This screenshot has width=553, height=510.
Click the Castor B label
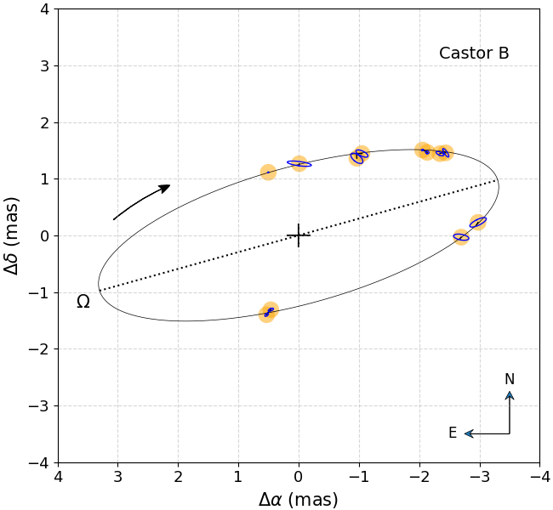pyautogui.click(x=474, y=54)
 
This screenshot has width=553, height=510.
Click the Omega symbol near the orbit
pyautogui.click(x=83, y=302)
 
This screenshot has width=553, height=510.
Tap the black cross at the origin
pyautogui.click(x=299, y=235)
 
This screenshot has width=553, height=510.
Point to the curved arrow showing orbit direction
pyautogui.click(x=141, y=201)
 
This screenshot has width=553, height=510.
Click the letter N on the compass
pyautogui.click(x=509, y=379)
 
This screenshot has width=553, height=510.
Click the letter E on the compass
pyautogui.click(x=453, y=433)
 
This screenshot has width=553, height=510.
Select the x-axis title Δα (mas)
pyautogui.click(x=298, y=500)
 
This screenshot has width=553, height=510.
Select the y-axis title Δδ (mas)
pyautogui.click(x=12, y=235)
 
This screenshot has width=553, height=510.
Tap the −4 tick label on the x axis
pyautogui.click(x=539, y=477)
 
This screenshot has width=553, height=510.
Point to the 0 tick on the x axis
pyautogui.click(x=299, y=477)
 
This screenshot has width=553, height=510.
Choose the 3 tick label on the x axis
pyautogui.click(x=118, y=477)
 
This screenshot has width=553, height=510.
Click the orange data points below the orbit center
pyautogui.click(x=269, y=312)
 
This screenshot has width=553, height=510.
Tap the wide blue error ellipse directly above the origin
pyautogui.click(x=299, y=163)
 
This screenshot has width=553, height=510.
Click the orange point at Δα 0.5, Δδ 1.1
pyautogui.click(x=268, y=173)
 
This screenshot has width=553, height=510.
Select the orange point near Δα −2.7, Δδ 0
pyautogui.click(x=461, y=237)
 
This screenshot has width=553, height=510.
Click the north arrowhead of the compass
pyautogui.click(x=510, y=394)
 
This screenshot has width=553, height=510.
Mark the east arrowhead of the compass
pyautogui.click(x=468, y=433)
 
